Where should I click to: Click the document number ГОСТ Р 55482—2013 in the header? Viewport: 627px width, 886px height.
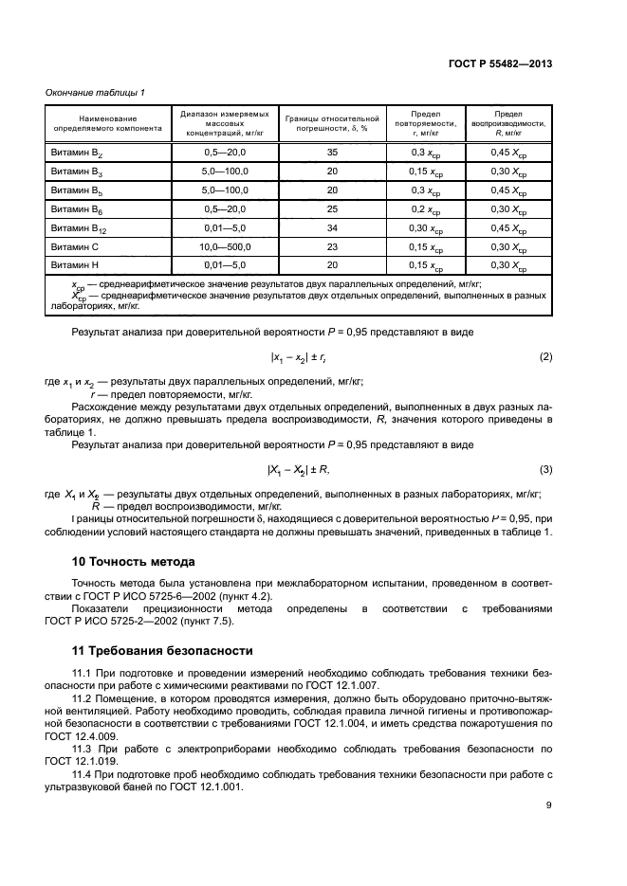[501, 63]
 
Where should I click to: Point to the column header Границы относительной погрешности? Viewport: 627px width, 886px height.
[332, 123]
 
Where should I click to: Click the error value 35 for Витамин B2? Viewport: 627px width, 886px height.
[332, 152]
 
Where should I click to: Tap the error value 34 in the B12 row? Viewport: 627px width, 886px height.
[332, 227]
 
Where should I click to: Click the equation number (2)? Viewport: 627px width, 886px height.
[545, 356]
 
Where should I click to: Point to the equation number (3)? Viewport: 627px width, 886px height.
[545, 469]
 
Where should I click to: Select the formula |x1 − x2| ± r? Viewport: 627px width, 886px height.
[300, 356]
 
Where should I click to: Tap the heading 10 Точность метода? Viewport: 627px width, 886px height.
[127, 561]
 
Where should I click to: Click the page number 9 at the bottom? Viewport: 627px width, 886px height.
[549, 806]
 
